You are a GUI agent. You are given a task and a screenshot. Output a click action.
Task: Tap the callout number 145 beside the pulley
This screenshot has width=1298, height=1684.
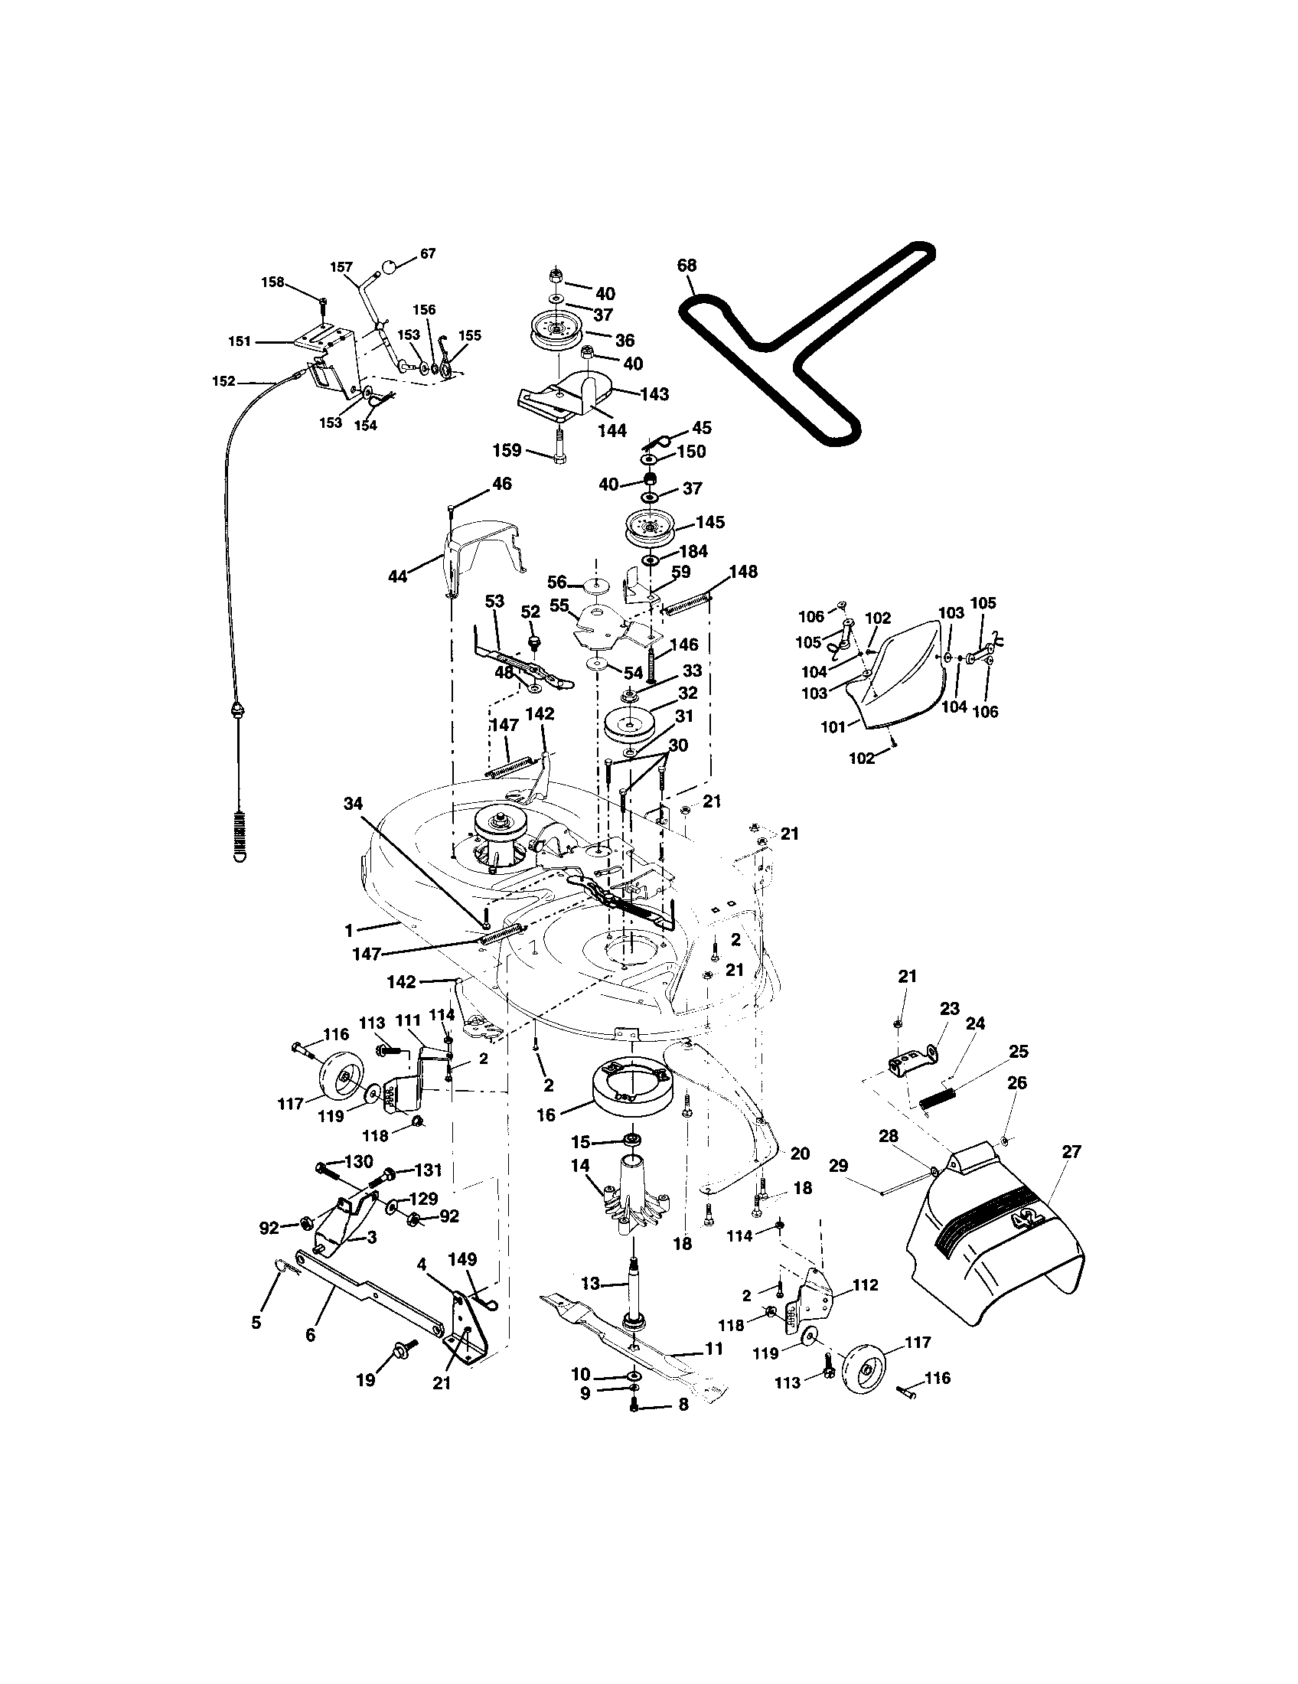pos(709,523)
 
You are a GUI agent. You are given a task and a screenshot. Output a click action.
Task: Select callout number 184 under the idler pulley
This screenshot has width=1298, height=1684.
pos(693,552)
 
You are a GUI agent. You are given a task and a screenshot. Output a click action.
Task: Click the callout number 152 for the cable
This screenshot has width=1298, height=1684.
pos(223,381)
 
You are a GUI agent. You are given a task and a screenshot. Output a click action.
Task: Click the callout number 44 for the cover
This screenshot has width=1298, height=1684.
pos(397,576)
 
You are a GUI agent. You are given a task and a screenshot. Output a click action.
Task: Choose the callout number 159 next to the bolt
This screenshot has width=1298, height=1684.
pos(507,450)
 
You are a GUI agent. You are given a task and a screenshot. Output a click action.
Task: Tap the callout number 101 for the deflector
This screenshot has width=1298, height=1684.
pos(833,726)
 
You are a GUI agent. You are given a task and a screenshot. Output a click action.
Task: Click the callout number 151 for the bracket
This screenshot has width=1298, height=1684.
pos(240,341)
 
